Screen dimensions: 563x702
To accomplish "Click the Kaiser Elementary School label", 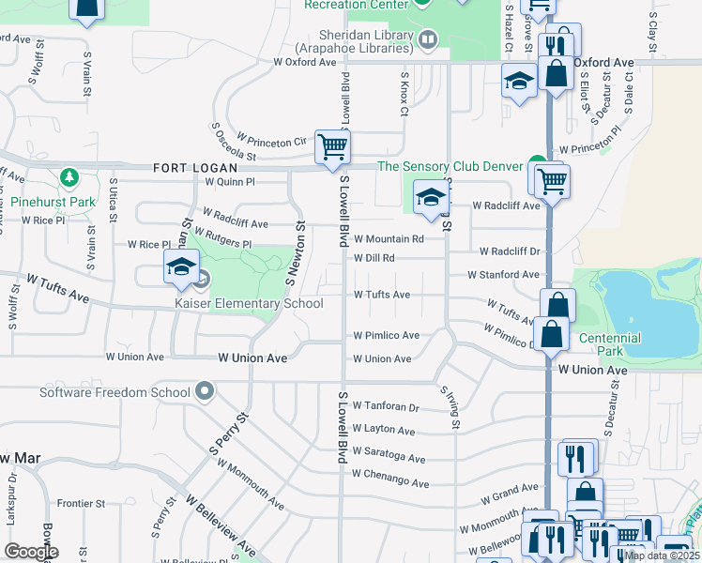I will pos(249,303).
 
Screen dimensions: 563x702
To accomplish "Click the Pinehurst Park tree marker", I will pos(68,177).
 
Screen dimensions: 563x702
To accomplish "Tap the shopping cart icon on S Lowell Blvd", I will pos(331,147).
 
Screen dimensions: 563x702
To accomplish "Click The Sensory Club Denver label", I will pos(450,166).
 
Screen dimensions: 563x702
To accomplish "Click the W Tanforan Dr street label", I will pos(386,406).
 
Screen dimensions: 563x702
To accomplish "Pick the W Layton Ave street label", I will pos(384,430).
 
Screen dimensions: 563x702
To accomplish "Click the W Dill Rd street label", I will pos(374,258).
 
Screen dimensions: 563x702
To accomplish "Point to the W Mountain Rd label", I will pos(389,239).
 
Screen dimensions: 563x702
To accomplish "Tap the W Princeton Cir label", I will pos(272,142).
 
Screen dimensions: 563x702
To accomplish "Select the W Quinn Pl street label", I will pos(230,182).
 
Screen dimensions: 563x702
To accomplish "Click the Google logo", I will pos(31,552).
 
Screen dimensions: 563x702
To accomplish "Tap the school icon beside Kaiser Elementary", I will pos(181,266).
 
